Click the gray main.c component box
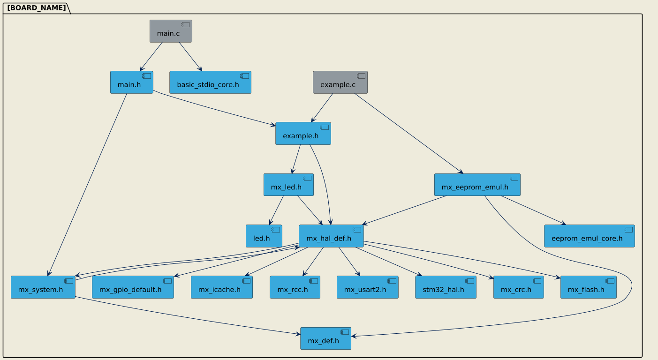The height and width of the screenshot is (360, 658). point(171,31)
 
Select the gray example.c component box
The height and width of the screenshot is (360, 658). point(340,82)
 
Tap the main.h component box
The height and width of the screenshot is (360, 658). point(131,82)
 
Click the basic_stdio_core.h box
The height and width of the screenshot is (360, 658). point(210,82)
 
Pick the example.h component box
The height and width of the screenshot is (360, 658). point(303,134)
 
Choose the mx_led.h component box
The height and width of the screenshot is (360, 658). point(288,185)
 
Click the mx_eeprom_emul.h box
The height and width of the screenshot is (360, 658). point(477,185)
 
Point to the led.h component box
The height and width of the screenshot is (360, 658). point(264,236)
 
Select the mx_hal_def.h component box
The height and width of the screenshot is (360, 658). point(331,236)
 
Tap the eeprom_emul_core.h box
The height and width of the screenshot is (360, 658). point(589,236)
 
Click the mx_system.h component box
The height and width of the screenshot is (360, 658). point(43,287)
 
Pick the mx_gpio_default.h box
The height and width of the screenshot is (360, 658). point(133,287)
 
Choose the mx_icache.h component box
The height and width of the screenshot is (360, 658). point(222,287)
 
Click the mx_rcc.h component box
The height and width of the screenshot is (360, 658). point(295,287)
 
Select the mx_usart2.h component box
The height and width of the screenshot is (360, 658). point(367,287)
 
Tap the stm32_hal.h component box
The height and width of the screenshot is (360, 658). point(446,287)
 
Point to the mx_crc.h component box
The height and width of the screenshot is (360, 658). point(518,287)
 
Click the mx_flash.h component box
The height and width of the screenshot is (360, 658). point(588,287)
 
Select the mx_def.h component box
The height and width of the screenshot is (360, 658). point(325,338)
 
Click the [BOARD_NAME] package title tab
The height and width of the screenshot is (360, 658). point(37,8)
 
